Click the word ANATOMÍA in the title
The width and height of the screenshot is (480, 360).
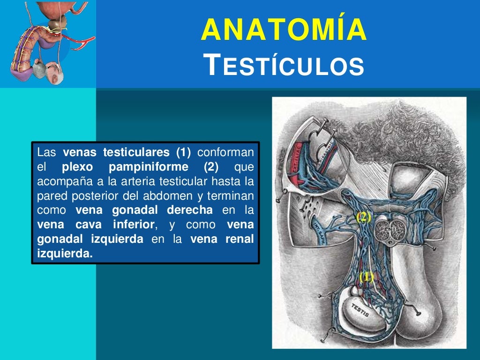(x=284, y=29)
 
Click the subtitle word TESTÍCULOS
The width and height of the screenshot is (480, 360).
(x=285, y=65)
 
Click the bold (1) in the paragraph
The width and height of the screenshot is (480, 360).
(x=184, y=152)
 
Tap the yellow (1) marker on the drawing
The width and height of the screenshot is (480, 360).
(x=366, y=277)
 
